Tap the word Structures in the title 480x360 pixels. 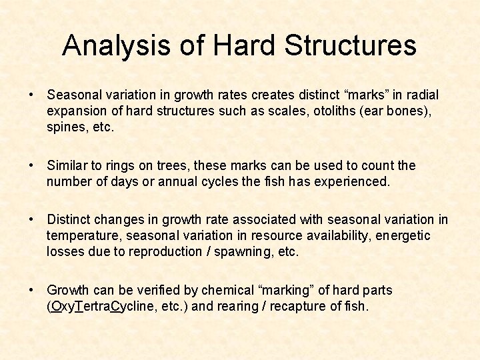click(x=350, y=45)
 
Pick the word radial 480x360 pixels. click(x=421, y=95)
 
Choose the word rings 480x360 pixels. click(x=115, y=165)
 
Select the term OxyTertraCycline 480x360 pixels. click(x=96, y=307)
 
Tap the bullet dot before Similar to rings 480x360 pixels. click(x=31, y=165)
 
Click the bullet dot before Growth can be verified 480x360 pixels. click(x=31, y=291)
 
